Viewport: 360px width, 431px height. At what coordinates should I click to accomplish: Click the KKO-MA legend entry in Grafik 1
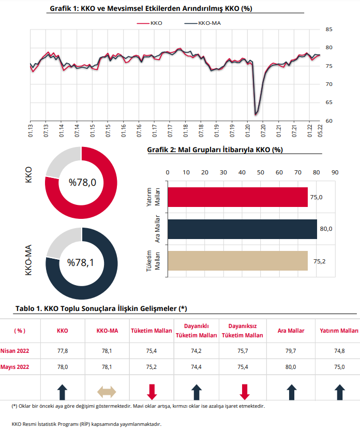[x=203, y=23]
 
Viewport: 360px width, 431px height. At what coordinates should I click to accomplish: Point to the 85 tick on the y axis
[x=329, y=29]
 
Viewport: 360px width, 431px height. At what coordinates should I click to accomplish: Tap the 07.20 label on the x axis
[x=263, y=130]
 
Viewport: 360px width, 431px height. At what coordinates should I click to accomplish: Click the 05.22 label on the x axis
[x=320, y=130]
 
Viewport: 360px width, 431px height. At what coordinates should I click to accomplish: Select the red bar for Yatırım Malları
[x=238, y=197]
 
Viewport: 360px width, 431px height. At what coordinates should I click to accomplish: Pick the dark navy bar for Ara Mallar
[x=243, y=229]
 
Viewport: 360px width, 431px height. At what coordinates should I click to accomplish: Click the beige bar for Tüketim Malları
[x=238, y=261]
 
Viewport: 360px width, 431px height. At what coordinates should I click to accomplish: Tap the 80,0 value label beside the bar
[x=326, y=229]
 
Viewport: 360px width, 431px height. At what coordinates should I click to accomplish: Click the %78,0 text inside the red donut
[x=82, y=182]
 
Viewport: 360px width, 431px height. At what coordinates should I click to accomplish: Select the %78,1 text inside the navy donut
[x=81, y=262]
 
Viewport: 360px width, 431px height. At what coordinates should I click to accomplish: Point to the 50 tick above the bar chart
[x=261, y=172]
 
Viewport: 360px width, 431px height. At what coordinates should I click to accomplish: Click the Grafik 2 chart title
[x=215, y=150]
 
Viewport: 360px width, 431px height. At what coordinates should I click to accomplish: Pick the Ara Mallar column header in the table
[x=291, y=331]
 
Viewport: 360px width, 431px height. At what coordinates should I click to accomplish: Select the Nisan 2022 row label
[x=14, y=351]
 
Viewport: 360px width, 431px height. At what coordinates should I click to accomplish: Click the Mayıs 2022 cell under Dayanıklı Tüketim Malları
[x=196, y=367]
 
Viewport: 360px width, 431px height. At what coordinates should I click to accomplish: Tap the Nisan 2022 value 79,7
[x=291, y=351]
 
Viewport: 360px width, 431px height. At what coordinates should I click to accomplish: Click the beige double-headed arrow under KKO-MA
[x=107, y=392]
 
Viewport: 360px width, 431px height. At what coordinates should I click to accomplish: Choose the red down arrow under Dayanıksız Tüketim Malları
[x=245, y=392]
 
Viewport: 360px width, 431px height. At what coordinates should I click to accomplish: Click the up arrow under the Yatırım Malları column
[x=340, y=392]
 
